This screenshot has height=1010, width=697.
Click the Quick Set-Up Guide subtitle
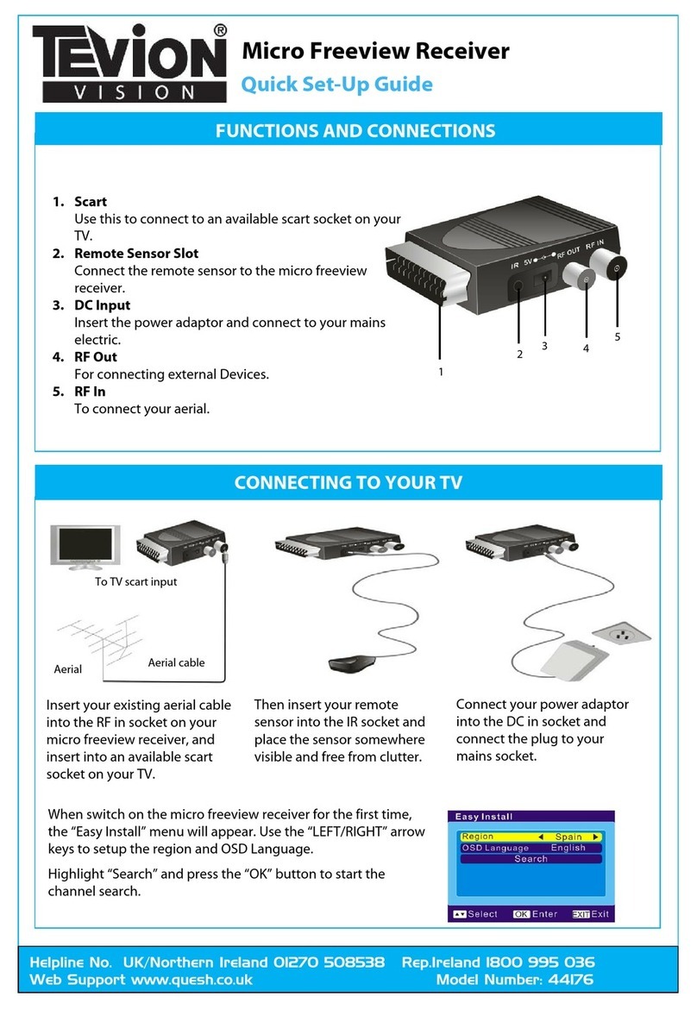click(336, 85)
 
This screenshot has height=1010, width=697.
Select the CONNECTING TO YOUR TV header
click(348, 482)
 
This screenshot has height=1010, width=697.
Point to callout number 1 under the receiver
click(441, 373)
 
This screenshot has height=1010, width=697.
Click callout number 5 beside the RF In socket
click(617, 336)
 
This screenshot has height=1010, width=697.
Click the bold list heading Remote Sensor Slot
click(136, 254)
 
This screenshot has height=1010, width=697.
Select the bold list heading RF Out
click(96, 356)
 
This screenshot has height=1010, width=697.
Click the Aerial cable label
click(176, 662)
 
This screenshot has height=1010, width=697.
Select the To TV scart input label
click(135, 581)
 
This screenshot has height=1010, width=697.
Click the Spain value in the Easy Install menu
click(568, 837)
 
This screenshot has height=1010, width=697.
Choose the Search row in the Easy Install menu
click(531, 859)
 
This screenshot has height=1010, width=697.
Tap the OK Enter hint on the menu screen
click(535, 913)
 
